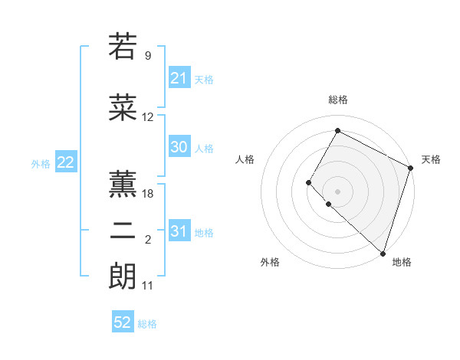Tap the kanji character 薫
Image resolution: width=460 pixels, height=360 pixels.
[x=123, y=182]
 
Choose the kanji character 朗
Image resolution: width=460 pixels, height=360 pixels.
[x=123, y=276]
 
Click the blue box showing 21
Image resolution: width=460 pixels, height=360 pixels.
[x=179, y=78]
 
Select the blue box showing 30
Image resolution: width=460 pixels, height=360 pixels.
[x=179, y=147]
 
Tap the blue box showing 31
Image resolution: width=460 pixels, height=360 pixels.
[x=179, y=231]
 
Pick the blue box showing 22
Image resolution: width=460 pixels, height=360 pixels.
[x=65, y=162]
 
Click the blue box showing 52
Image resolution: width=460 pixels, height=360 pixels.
[x=123, y=322]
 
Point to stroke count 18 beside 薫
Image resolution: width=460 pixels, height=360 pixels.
[x=148, y=193]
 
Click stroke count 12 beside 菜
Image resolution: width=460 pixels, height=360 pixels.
[x=148, y=117]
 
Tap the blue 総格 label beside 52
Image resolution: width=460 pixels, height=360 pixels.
[x=147, y=324]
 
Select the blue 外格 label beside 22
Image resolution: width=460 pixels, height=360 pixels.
[x=41, y=163]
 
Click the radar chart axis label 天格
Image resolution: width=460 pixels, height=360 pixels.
[x=431, y=159]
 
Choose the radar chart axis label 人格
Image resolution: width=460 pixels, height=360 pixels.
[x=245, y=159]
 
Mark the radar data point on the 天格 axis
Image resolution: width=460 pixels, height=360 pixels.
[x=411, y=168]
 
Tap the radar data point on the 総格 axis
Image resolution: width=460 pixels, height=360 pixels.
[x=337, y=130]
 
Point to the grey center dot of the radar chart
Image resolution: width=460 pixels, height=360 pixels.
[x=337, y=191]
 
